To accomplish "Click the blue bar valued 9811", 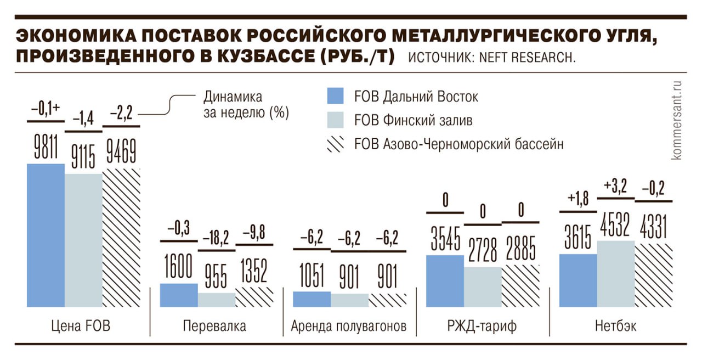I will (46, 235).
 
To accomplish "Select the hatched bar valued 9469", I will (122, 237).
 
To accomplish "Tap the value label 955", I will (216, 275).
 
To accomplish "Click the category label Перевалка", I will (214, 327).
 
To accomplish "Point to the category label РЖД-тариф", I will (483, 327).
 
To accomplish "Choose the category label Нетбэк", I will (616, 327).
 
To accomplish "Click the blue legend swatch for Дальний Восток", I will (335, 96).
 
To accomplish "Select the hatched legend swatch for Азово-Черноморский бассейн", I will (335, 144).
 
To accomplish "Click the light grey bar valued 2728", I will (483, 286).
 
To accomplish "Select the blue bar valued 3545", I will (445, 280).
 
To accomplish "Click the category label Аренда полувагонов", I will (349, 327).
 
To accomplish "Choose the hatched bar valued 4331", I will (653, 275).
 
